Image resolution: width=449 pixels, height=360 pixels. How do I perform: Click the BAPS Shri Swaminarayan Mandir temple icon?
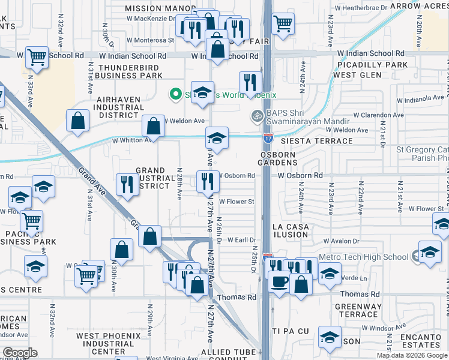(257, 115)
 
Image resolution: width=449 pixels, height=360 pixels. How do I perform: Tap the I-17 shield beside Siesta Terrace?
(267, 138)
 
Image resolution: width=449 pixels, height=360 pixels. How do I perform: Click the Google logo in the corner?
(20, 353)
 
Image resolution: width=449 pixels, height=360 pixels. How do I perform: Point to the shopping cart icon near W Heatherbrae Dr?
(283, 25)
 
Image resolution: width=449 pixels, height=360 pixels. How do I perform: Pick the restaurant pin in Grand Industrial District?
(127, 184)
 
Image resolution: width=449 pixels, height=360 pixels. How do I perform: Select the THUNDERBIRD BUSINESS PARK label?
(130, 72)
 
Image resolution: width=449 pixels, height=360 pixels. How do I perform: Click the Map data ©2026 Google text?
(412, 355)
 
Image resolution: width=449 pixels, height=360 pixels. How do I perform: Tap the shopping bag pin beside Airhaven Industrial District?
(79, 121)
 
